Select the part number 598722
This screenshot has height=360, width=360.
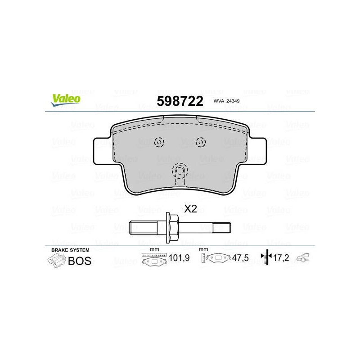[x=180, y=101]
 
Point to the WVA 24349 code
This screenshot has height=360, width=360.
[x=226, y=101]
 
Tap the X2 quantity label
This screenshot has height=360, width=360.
[x=190, y=209]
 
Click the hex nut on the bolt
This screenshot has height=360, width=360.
[x=172, y=228]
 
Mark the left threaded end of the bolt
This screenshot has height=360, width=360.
[x=143, y=228]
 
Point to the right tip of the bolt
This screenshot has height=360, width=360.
[x=230, y=228]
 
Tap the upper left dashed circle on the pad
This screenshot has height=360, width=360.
[x=159, y=142]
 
